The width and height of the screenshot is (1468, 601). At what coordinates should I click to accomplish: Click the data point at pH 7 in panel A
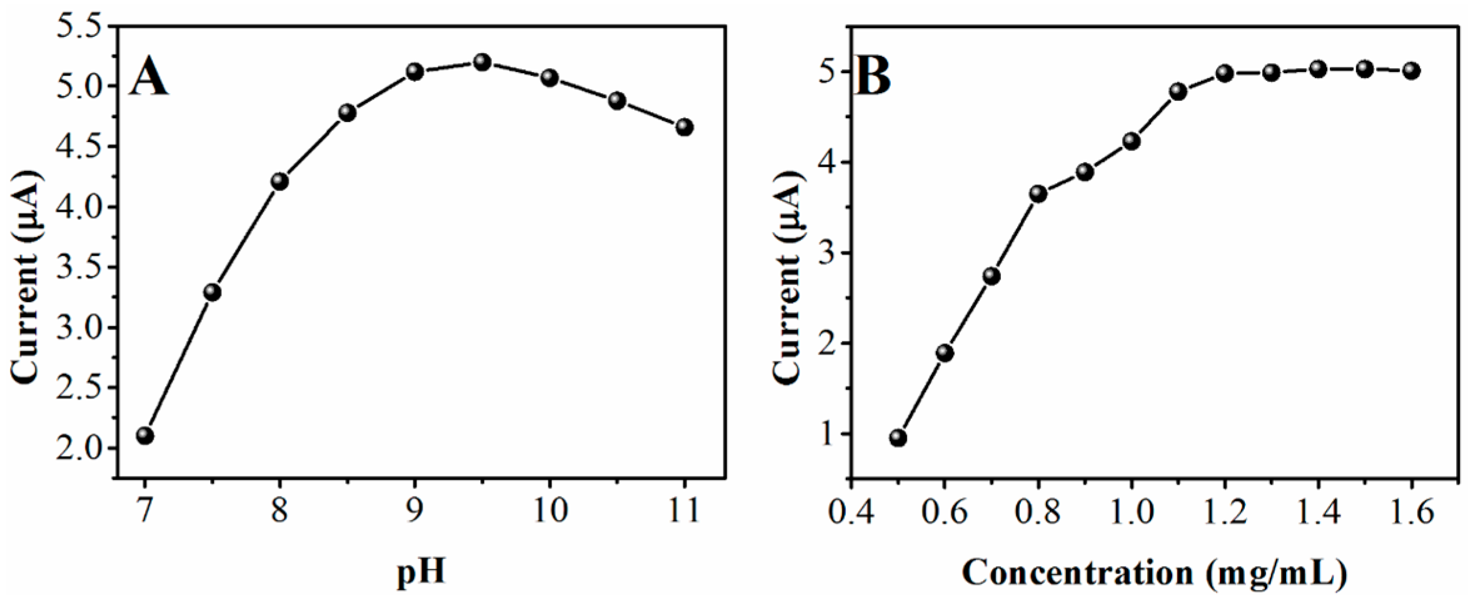click(145, 435)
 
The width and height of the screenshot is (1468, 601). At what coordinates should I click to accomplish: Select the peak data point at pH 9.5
click(482, 62)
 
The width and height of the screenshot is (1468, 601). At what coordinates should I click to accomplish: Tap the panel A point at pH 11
click(685, 128)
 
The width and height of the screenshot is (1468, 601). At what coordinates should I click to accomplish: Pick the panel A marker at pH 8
click(280, 182)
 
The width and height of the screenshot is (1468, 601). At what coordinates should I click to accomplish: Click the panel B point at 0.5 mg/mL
click(898, 438)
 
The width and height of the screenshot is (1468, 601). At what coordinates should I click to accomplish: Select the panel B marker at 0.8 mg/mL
click(1038, 194)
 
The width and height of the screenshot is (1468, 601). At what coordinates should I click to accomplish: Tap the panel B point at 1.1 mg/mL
click(1179, 92)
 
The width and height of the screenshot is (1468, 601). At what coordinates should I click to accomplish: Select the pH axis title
click(421, 572)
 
